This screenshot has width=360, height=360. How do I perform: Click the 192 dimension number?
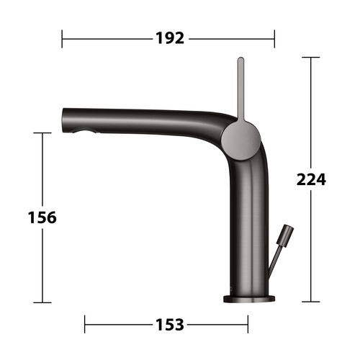[x=170, y=38]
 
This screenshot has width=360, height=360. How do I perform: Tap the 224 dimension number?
[x=311, y=179]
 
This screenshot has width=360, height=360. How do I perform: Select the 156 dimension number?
[x=42, y=217]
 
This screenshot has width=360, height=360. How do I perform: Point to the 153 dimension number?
[x=170, y=325]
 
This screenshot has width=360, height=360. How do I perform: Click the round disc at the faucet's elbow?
[x=240, y=140]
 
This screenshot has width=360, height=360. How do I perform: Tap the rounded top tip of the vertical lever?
[x=240, y=59]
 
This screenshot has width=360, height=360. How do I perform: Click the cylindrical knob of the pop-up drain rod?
[x=285, y=235]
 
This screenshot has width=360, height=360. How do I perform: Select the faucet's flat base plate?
[x=249, y=299]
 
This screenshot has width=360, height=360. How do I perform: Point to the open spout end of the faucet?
[x=64, y=120]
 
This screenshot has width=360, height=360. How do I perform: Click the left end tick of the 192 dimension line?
[x=62, y=39]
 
